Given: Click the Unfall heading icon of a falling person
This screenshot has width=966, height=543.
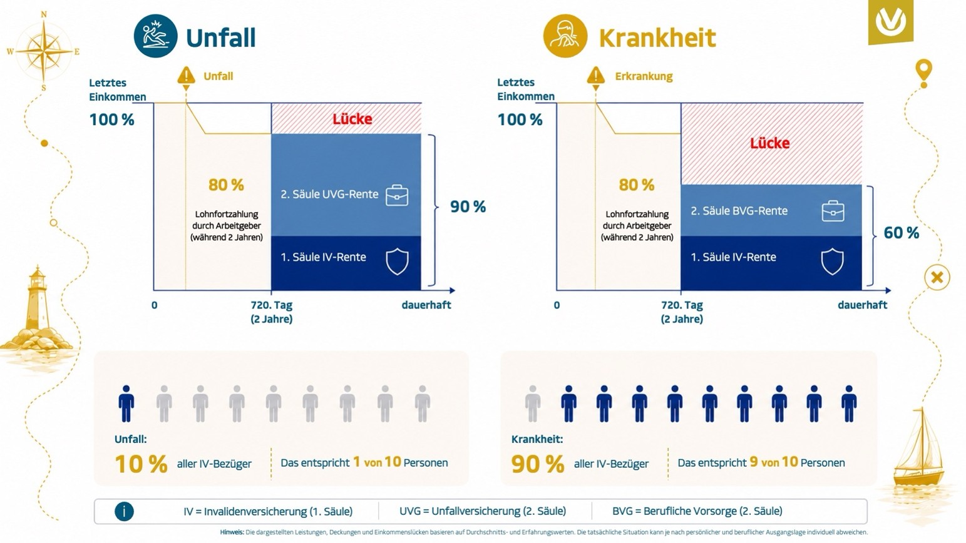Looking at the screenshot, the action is [x=155, y=36].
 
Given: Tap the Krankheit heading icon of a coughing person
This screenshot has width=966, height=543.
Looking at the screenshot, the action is [x=565, y=36].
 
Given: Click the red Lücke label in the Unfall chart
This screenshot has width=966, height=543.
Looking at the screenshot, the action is [x=352, y=118].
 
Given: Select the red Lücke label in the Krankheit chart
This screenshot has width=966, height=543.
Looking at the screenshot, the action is [x=770, y=143].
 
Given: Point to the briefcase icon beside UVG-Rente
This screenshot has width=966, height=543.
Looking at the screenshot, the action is [x=397, y=195].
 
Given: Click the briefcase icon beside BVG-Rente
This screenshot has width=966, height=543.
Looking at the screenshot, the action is [x=833, y=211].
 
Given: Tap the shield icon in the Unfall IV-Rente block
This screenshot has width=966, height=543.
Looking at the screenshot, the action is [x=397, y=261].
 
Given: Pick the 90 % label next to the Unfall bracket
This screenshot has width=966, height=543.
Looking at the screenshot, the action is [x=468, y=207].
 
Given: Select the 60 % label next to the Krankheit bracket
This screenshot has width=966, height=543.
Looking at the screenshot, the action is [x=902, y=233].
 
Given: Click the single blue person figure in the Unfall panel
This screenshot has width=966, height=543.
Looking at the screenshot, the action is [x=126, y=403].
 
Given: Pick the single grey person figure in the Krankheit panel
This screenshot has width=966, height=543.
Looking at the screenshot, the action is [x=533, y=403].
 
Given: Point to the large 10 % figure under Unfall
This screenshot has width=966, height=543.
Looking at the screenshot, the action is [x=141, y=464].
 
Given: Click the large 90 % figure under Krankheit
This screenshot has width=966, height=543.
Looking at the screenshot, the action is [x=538, y=464].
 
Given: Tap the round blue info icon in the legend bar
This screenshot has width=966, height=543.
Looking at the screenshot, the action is [x=124, y=512].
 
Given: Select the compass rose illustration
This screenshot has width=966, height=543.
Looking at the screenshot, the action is [x=43, y=51].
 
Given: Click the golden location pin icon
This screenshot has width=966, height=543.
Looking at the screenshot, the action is [x=923, y=71].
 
